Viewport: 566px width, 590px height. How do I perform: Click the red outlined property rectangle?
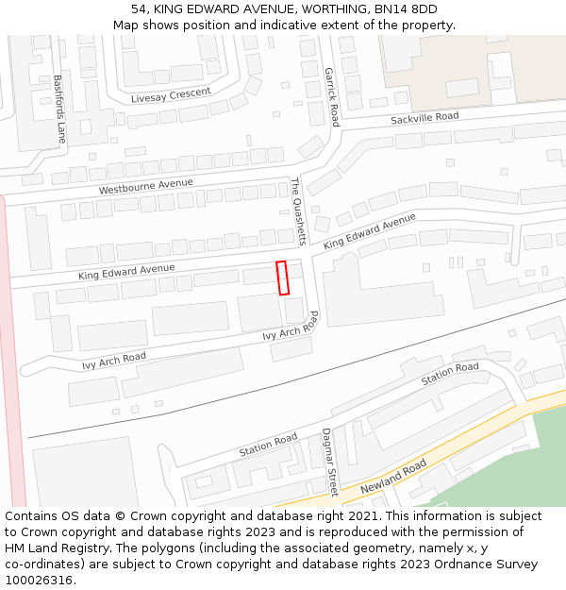(281, 278)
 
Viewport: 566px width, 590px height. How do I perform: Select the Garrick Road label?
(331, 96)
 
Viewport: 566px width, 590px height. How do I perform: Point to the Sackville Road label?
(424, 118)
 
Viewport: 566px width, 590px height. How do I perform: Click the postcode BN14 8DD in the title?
(407, 9)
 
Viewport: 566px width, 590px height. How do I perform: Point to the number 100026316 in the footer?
(39, 581)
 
